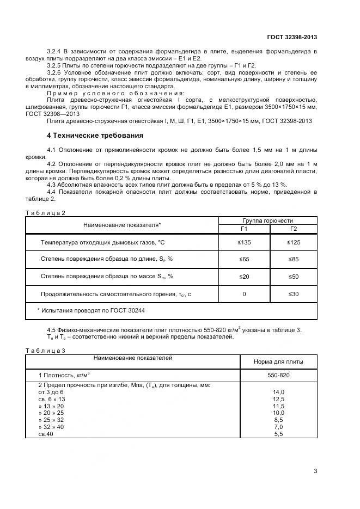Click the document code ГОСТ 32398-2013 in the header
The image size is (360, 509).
point(292,37)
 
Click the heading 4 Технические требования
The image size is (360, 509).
point(95,135)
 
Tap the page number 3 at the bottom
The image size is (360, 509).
point(315,471)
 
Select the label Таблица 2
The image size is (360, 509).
point(45,213)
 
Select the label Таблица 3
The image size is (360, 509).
point(45,350)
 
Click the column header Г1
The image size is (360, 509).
point(243,229)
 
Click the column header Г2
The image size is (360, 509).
point(293,229)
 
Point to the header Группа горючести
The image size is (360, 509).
point(268,220)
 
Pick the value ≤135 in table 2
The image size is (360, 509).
point(243,242)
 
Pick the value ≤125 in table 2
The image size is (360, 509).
point(293,242)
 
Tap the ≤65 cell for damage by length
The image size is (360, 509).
point(243,259)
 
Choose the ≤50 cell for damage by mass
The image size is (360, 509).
point(293,277)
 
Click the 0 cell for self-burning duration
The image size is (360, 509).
point(243,294)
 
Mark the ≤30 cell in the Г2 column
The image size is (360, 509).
point(293,294)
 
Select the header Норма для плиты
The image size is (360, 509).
point(278,361)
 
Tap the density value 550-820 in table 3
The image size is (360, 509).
point(278,376)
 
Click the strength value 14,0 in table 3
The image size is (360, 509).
point(278,392)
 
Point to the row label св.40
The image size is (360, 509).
point(46,434)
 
